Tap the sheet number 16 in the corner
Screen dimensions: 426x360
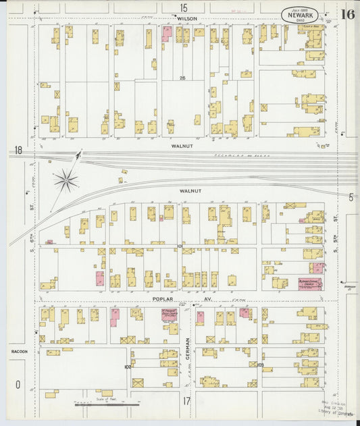pos(348,14)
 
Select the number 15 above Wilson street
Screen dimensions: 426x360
pos(184,7)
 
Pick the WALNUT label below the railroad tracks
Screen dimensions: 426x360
pos(190,191)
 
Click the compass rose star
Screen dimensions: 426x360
pos(66,179)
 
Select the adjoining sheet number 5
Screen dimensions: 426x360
pos(351,197)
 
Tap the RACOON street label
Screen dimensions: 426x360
pos(18,352)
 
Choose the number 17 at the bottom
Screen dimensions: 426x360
pos(187,400)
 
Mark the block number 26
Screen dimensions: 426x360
pos(182,79)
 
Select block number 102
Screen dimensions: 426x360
pos(127,367)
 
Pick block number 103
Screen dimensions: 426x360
pos(260,365)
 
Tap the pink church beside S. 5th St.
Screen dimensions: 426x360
pos(309,284)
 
